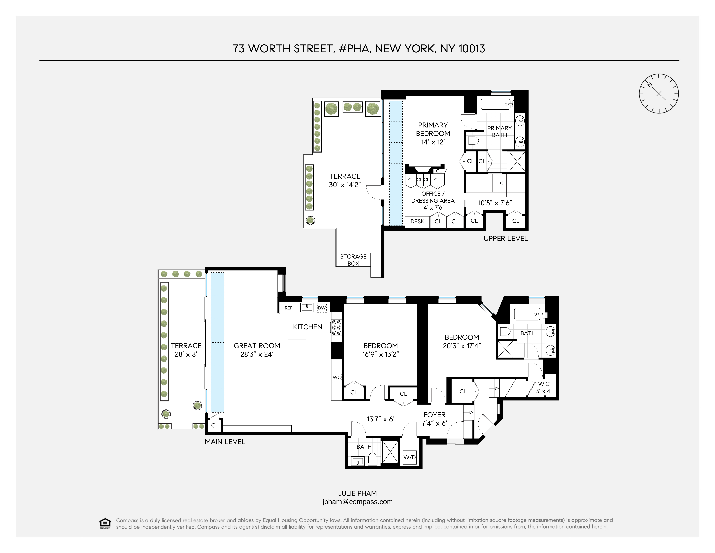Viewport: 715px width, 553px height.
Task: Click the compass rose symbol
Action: (x=659, y=94)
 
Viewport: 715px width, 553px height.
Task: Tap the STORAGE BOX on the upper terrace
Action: (x=353, y=260)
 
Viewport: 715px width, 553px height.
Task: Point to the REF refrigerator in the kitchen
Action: (x=288, y=308)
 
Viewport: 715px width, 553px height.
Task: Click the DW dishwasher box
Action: (x=322, y=308)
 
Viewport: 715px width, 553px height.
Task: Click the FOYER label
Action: (x=434, y=415)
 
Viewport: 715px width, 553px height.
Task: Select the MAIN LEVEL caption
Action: (x=225, y=442)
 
